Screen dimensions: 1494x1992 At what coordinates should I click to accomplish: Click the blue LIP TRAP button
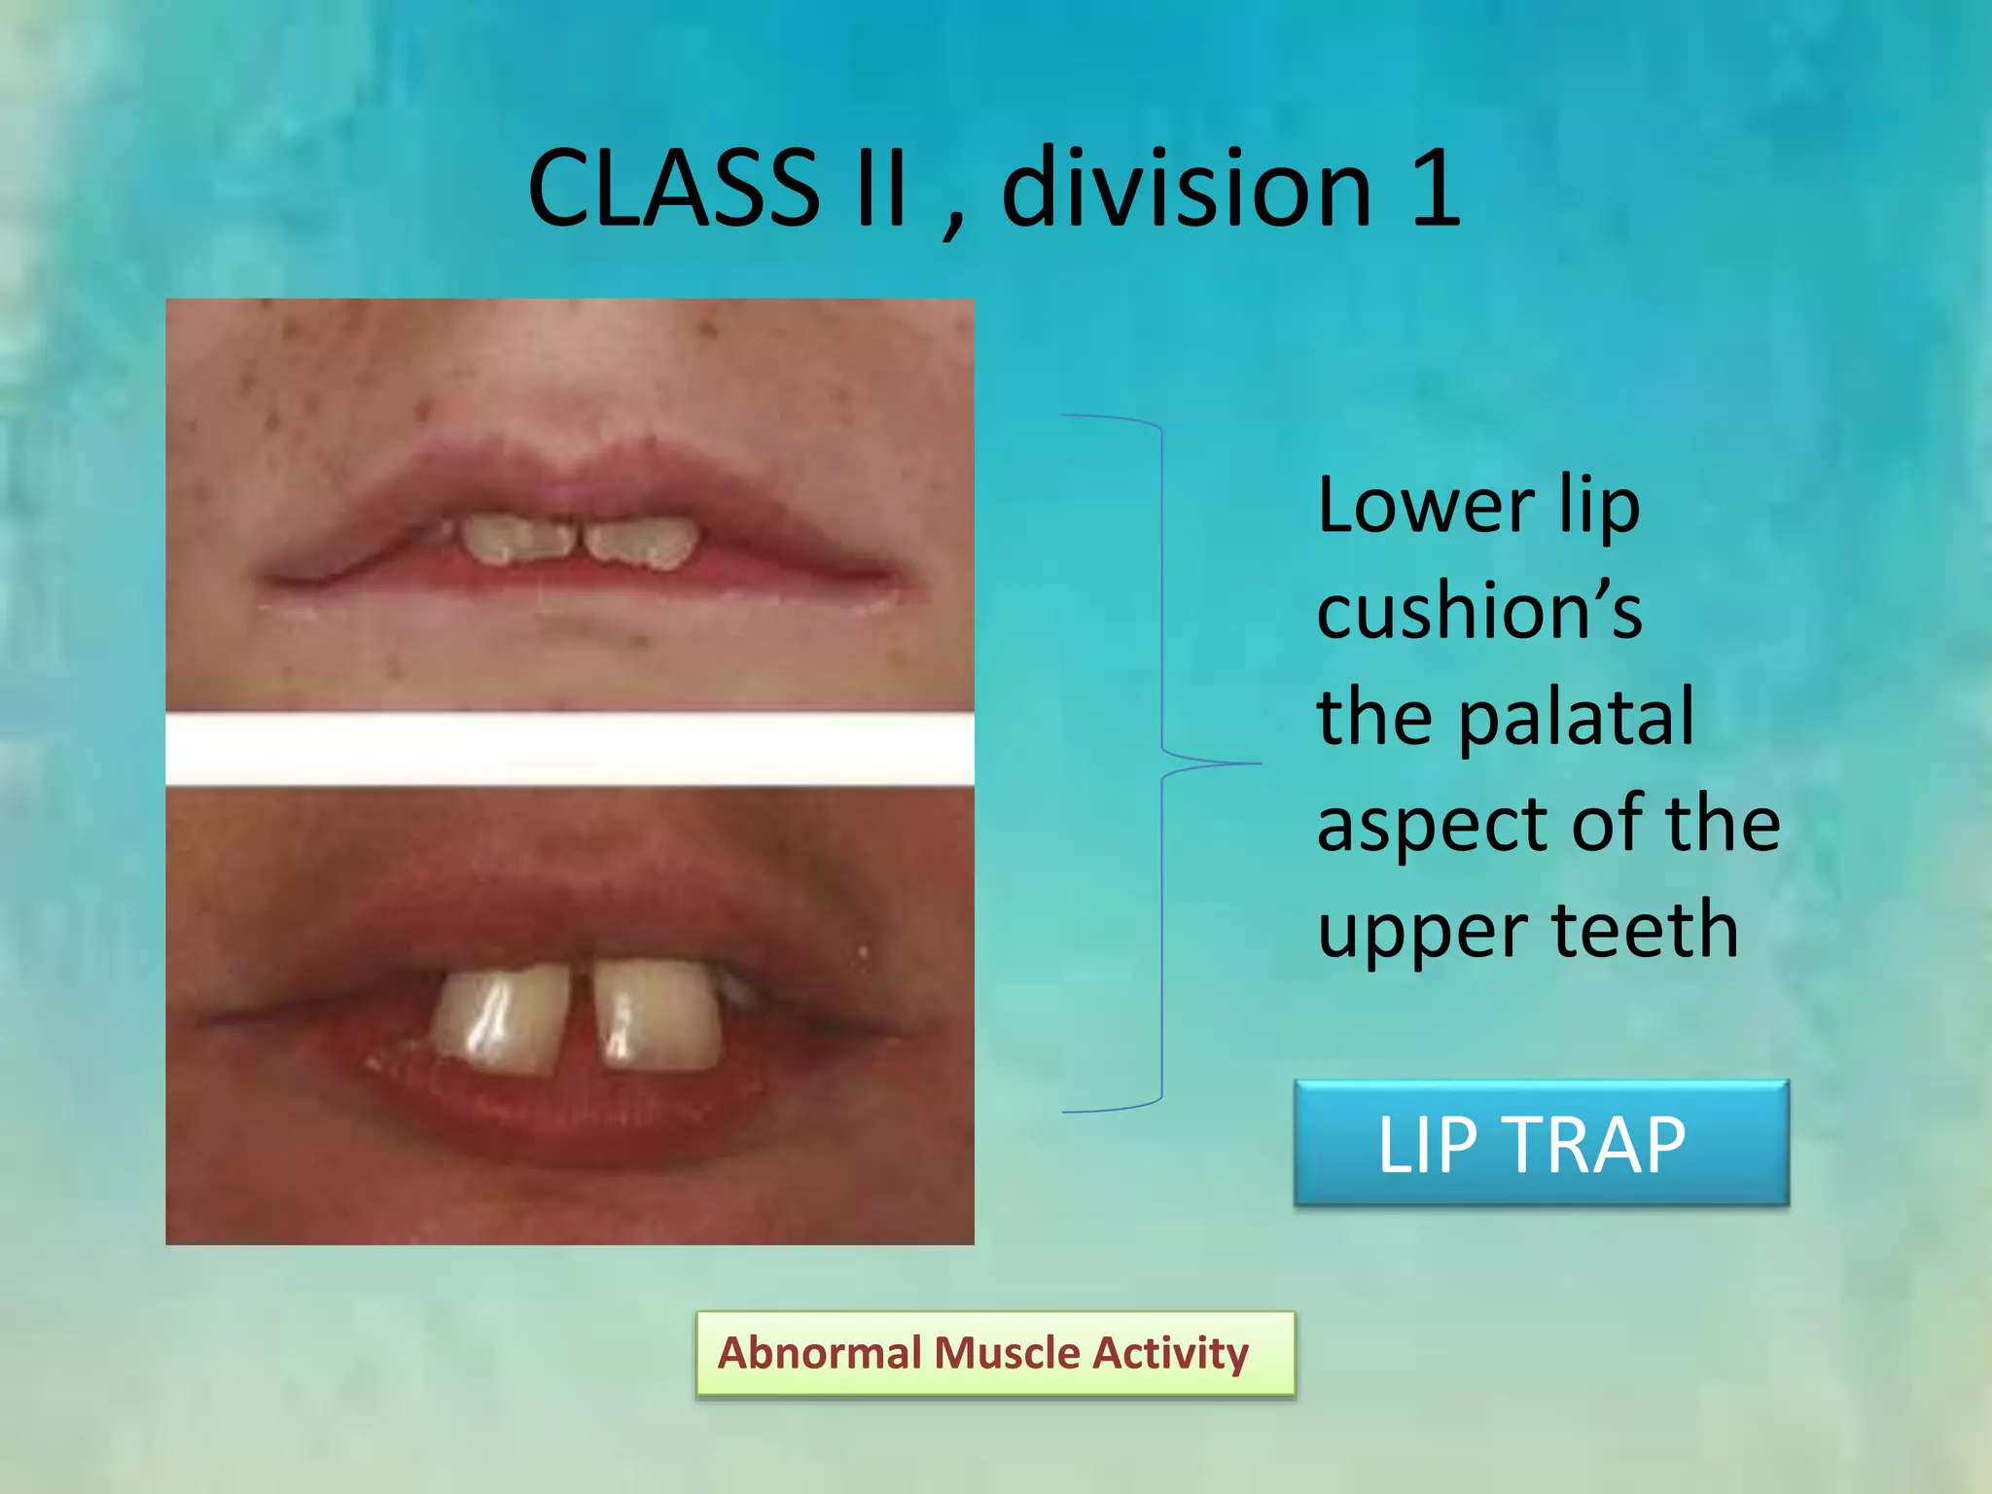pyautogui.click(x=1541, y=1144)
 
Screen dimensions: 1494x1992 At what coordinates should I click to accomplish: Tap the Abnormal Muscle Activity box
pyautogui.click(x=995, y=1354)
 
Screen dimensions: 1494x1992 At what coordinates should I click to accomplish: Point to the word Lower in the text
pyautogui.click(x=1426, y=506)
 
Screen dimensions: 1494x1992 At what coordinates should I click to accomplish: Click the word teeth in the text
pyautogui.click(x=1644, y=930)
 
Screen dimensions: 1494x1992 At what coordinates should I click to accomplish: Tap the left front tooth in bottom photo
pyautogui.click(x=502, y=1017)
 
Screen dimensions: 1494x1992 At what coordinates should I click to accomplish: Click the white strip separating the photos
pyautogui.click(x=569, y=749)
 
